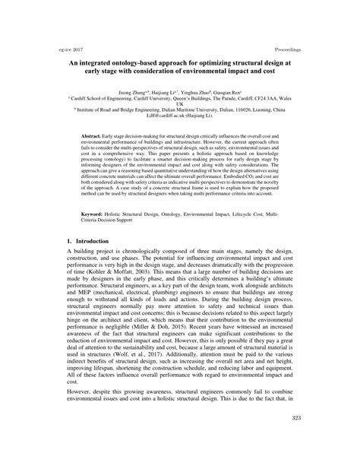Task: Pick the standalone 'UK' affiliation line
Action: coord(180,103)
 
